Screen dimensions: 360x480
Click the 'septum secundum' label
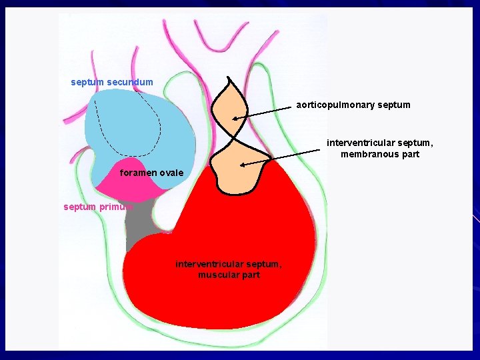coord(112,82)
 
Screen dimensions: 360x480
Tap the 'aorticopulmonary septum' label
coord(353,105)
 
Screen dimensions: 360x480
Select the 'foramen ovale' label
coord(151,173)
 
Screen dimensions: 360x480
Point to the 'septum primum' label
coord(98,207)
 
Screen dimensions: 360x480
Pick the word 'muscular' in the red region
coord(215,274)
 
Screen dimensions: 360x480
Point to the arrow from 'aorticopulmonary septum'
coord(267,112)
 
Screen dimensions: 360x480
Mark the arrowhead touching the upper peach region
coord(235,119)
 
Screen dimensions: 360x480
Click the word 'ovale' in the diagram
coord(171,173)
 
